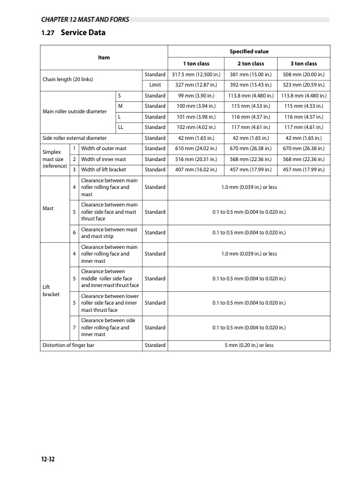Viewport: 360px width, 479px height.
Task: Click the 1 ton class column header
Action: coord(195,64)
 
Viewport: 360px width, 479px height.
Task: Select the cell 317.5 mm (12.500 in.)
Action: coord(195,74)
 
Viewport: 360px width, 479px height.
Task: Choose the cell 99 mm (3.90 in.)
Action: coord(195,96)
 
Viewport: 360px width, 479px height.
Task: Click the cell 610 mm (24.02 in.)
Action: coord(195,148)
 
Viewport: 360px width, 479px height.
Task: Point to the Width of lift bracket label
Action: coord(106,170)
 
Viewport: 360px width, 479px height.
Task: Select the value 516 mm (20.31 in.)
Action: coord(195,159)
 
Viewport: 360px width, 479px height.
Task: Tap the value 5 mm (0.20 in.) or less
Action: coord(249,345)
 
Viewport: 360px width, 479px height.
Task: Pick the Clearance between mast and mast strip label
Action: coord(109,233)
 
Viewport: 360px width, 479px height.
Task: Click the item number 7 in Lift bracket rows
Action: coord(73,328)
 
